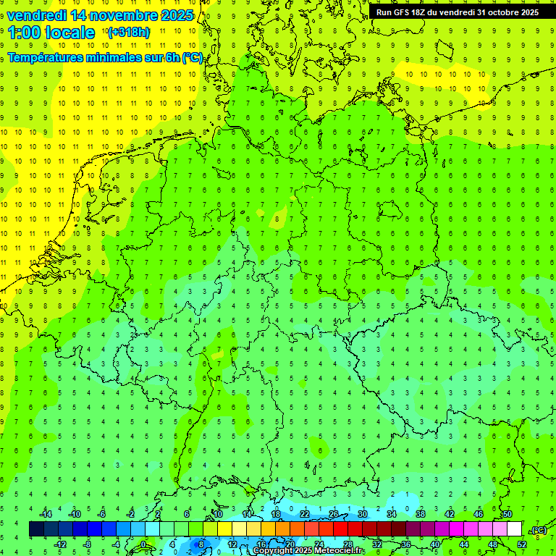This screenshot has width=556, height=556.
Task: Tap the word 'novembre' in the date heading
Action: click(x=125, y=15)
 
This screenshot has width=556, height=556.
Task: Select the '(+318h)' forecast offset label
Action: click(x=129, y=33)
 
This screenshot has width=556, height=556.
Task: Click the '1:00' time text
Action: click(x=24, y=33)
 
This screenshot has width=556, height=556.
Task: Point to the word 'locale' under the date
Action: click(x=69, y=33)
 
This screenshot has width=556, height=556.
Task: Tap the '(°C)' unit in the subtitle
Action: click(x=192, y=58)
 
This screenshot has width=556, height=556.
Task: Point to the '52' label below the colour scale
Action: click(x=522, y=544)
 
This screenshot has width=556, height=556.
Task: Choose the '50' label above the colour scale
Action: click(x=507, y=514)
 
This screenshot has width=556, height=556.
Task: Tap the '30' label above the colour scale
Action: click(x=363, y=514)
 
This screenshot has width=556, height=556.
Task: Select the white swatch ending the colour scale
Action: click(x=514, y=529)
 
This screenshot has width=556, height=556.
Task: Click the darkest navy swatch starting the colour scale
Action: click(x=36, y=529)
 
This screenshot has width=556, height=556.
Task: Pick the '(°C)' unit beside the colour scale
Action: click(x=539, y=530)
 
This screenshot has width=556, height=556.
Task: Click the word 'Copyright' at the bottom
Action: click(x=274, y=551)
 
